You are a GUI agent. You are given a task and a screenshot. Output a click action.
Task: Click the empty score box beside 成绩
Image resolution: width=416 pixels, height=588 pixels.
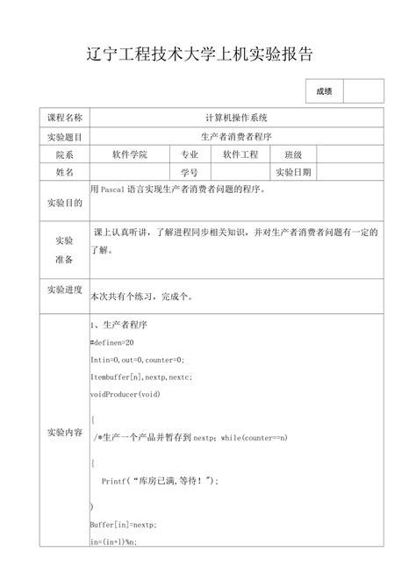coord(362,91)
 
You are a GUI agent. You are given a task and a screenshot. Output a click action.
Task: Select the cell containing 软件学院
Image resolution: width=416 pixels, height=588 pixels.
coord(130,154)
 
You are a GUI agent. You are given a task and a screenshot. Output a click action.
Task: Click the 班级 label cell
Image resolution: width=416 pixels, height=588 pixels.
coord(292,154)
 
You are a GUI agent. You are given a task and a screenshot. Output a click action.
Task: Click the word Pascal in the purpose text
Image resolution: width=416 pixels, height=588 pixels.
coord(113,189)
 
